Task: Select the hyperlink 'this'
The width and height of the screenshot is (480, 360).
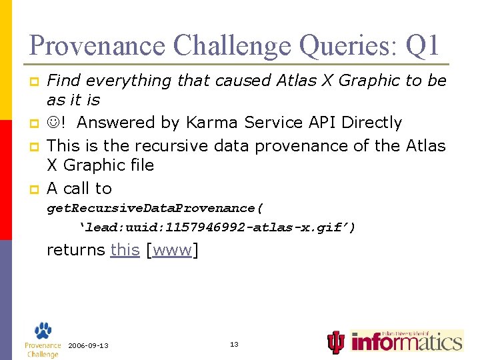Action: (x=125, y=250)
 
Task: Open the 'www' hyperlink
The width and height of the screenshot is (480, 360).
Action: (x=172, y=250)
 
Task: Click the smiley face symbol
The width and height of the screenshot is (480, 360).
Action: (x=54, y=123)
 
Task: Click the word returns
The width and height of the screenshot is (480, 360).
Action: (x=76, y=250)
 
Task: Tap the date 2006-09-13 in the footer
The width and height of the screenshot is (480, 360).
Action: (x=88, y=345)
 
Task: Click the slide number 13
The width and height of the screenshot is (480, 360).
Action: (x=234, y=344)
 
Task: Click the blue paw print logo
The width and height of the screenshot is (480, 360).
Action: (x=42, y=331)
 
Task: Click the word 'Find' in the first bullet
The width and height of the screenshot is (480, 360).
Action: (x=63, y=81)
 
